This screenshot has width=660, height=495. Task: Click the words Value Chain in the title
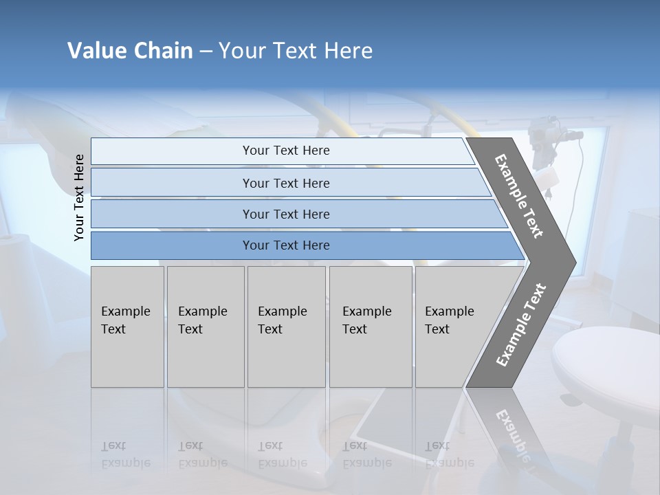130,51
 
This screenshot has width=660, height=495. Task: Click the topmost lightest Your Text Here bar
285,151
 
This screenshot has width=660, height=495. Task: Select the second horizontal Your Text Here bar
285,183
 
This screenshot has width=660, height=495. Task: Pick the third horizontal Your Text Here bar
285,214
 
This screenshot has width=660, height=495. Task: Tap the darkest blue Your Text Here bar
285,245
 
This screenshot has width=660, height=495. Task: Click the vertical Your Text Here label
80,197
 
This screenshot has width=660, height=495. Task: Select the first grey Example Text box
127,326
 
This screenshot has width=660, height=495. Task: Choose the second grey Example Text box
205,326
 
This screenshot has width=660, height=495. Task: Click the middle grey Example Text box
285,326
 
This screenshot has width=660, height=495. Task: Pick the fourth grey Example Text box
370,326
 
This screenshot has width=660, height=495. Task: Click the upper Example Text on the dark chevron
520,196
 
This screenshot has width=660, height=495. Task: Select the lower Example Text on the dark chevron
521,324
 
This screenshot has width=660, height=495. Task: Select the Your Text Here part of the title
296,51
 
